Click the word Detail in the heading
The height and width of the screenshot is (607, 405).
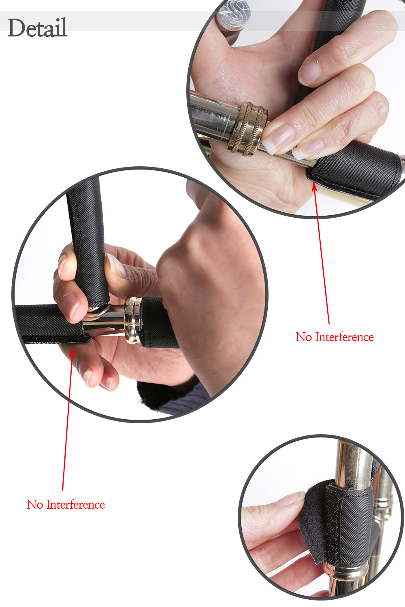tap(37, 28)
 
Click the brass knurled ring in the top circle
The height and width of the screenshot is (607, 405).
tap(247, 129)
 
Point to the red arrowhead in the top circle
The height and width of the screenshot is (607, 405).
tap(314, 186)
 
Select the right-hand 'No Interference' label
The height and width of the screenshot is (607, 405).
tap(335, 337)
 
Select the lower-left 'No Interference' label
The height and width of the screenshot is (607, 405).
tap(66, 504)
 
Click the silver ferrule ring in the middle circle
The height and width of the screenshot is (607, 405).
tap(133, 320)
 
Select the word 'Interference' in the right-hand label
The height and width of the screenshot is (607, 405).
tap(345, 337)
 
